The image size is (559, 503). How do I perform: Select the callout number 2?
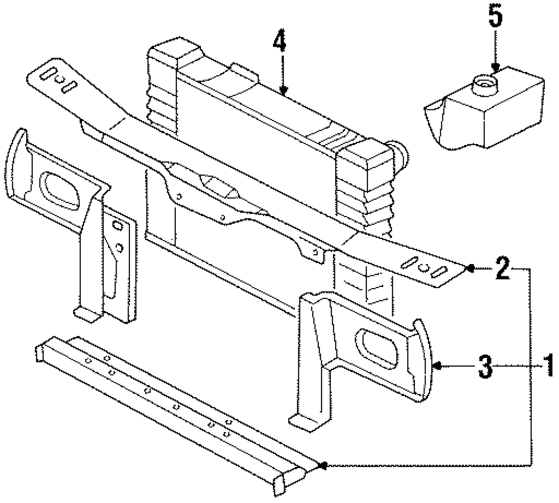(502, 269)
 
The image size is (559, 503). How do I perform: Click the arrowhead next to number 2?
(470, 269)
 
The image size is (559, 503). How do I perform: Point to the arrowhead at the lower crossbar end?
(321, 464)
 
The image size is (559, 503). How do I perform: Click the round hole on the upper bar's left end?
(59, 79)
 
